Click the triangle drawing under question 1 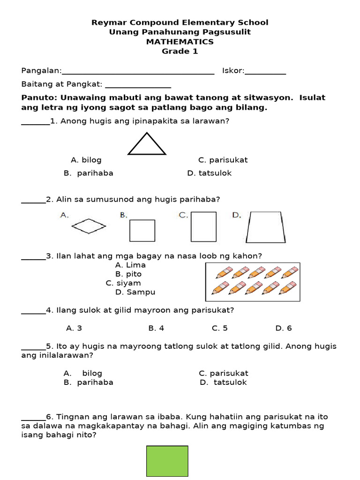click(147, 144)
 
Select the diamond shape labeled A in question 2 click(89, 227)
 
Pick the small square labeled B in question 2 click(142, 230)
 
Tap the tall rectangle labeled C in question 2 click(203, 227)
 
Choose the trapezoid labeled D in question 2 click(266, 227)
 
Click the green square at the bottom click(167, 461)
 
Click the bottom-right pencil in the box click(287, 288)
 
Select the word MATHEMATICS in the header click(180, 42)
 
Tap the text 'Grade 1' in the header click(180, 51)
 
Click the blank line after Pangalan click(138, 71)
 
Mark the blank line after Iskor click(265, 71)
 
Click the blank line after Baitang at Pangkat click(138, 85)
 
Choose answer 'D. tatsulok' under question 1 click(209, 173)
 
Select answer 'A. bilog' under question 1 click(86, 160)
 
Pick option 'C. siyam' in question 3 click(123, 283)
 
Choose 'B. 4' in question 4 click(156, 328)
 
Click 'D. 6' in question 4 click(284, 328)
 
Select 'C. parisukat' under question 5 click(223, 373)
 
